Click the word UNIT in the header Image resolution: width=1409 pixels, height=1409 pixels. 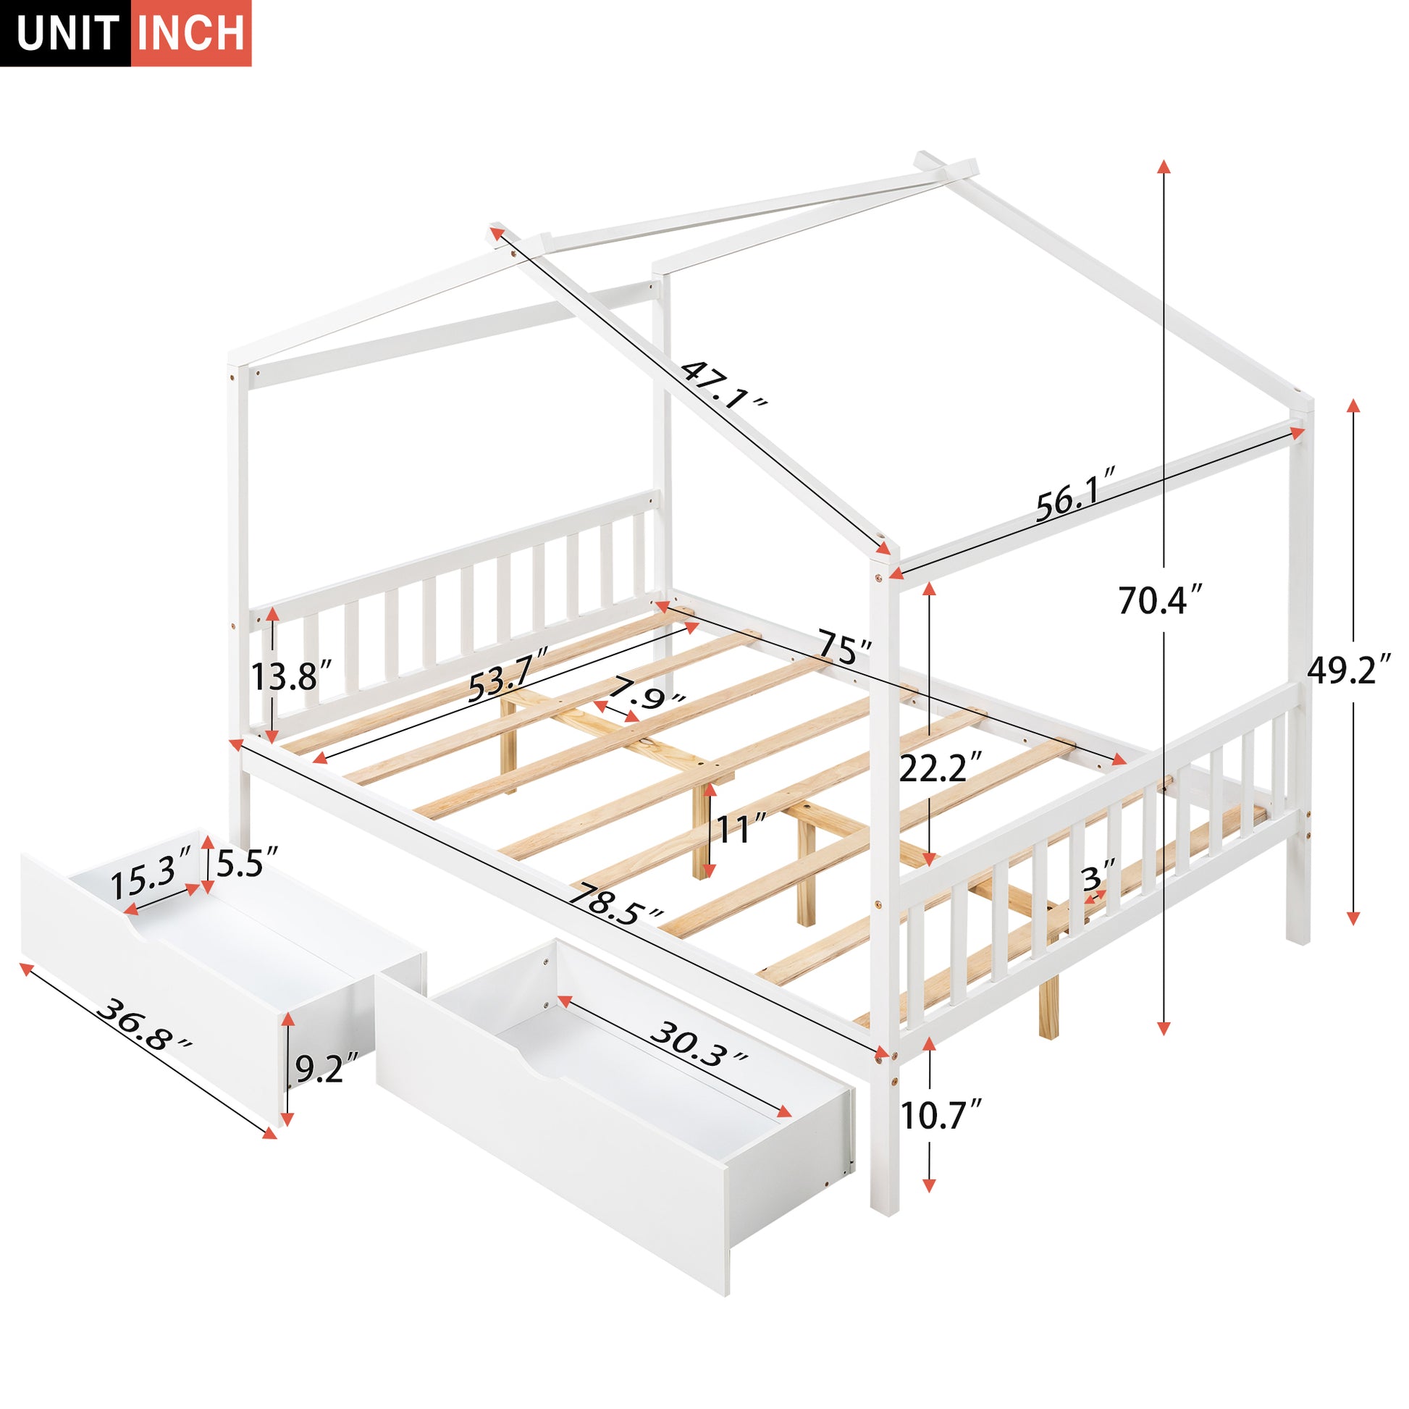(68, 33)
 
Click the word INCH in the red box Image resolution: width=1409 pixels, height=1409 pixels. (191, 33)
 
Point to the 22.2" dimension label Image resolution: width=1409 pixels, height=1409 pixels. (941, 767)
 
